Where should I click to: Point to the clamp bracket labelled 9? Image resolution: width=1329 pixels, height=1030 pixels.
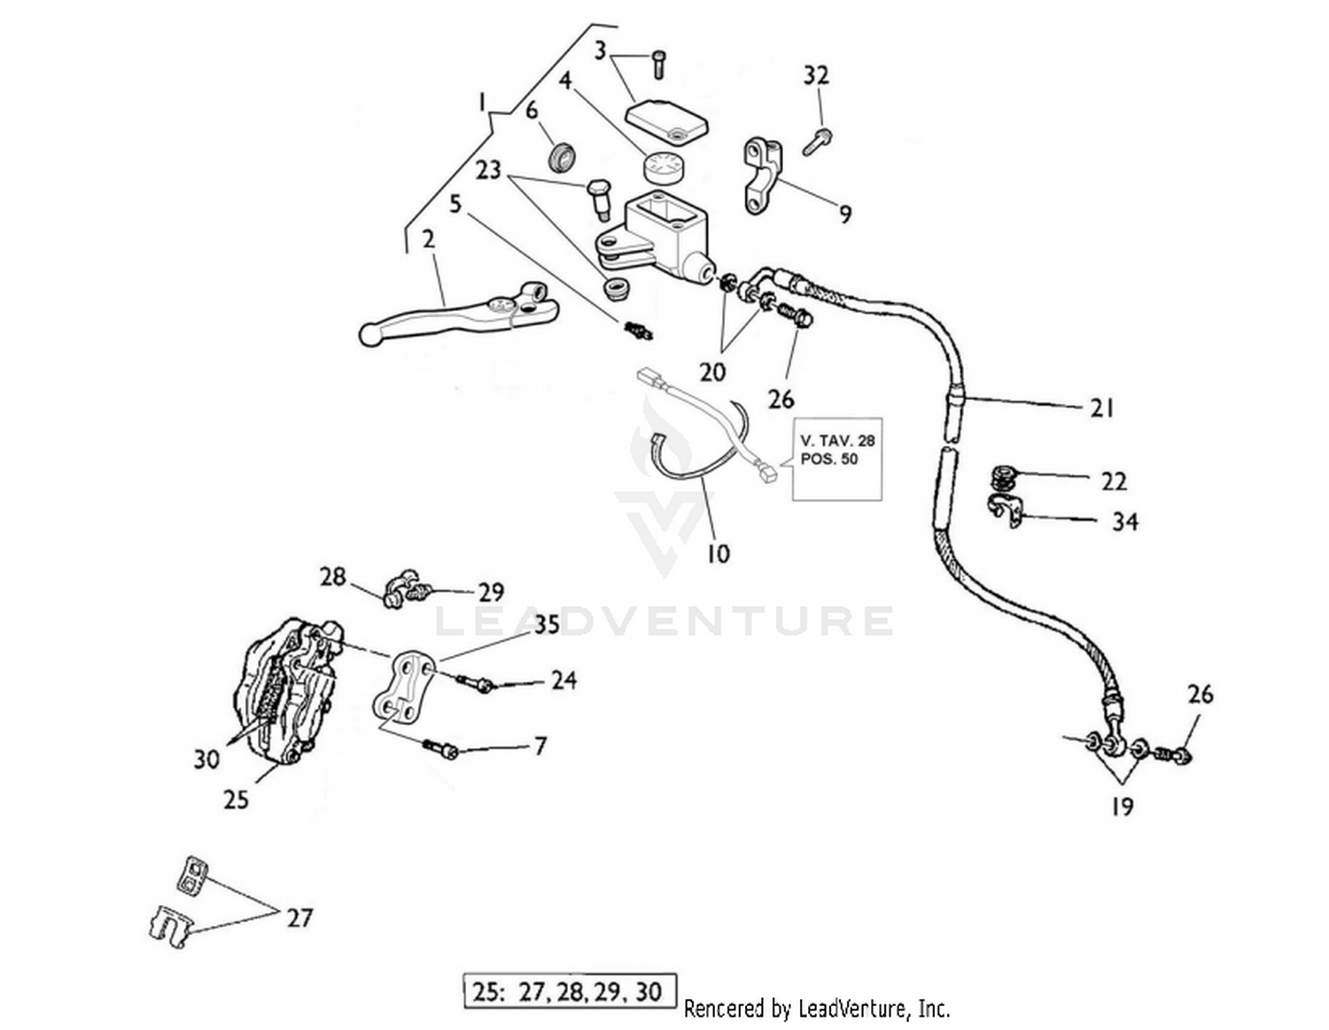(x=761, y=175)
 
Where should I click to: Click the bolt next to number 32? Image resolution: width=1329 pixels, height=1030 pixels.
(x=817, y=141)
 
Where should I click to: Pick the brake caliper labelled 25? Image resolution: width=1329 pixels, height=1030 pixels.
(x=282, y=691)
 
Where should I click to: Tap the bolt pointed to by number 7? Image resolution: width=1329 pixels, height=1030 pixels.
(x=439, y=749)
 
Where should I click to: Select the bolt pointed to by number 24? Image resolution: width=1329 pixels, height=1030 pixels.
(x=477, y=683)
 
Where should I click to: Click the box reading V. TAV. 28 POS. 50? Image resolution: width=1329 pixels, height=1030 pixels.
(x=836, y=458)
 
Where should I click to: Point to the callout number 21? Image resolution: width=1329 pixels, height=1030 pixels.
(x=1100, y=408)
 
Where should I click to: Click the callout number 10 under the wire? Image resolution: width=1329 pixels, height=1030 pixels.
(x=718, y=553)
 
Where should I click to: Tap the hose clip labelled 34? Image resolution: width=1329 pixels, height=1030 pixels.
(x=1006, y=511)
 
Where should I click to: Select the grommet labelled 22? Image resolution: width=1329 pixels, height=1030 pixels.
(x=1004, y=478)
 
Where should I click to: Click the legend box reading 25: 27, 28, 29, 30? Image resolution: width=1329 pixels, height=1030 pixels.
(x=570, y=991)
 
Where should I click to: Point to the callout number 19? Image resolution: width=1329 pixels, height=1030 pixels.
(x=1121, y=806)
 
